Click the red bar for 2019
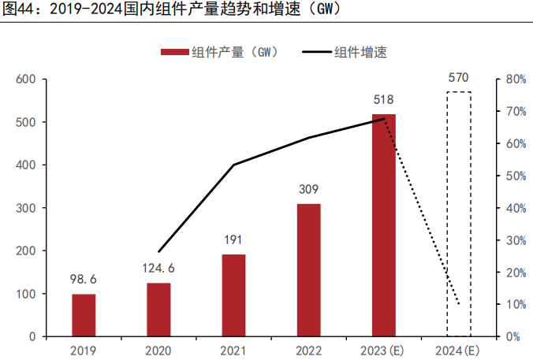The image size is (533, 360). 84,315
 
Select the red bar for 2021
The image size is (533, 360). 233,295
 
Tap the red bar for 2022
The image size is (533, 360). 308,270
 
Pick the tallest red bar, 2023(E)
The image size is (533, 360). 384,225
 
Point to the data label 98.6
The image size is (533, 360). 84,280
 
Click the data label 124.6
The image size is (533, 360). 158,269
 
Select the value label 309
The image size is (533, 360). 308,190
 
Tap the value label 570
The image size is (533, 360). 459,77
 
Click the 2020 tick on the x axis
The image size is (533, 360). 158,350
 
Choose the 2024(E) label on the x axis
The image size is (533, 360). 459,350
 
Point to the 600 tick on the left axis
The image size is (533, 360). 27,80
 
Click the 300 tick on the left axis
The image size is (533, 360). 27,208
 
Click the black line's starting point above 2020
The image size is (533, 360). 159,251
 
